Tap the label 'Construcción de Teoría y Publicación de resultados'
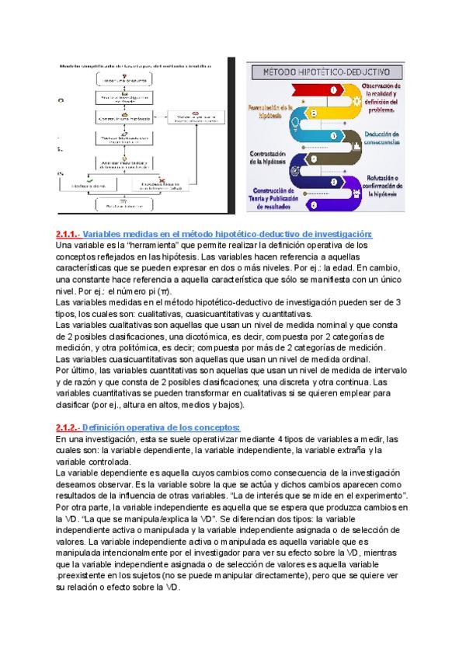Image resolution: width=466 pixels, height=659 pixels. click(x=273, y=200)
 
